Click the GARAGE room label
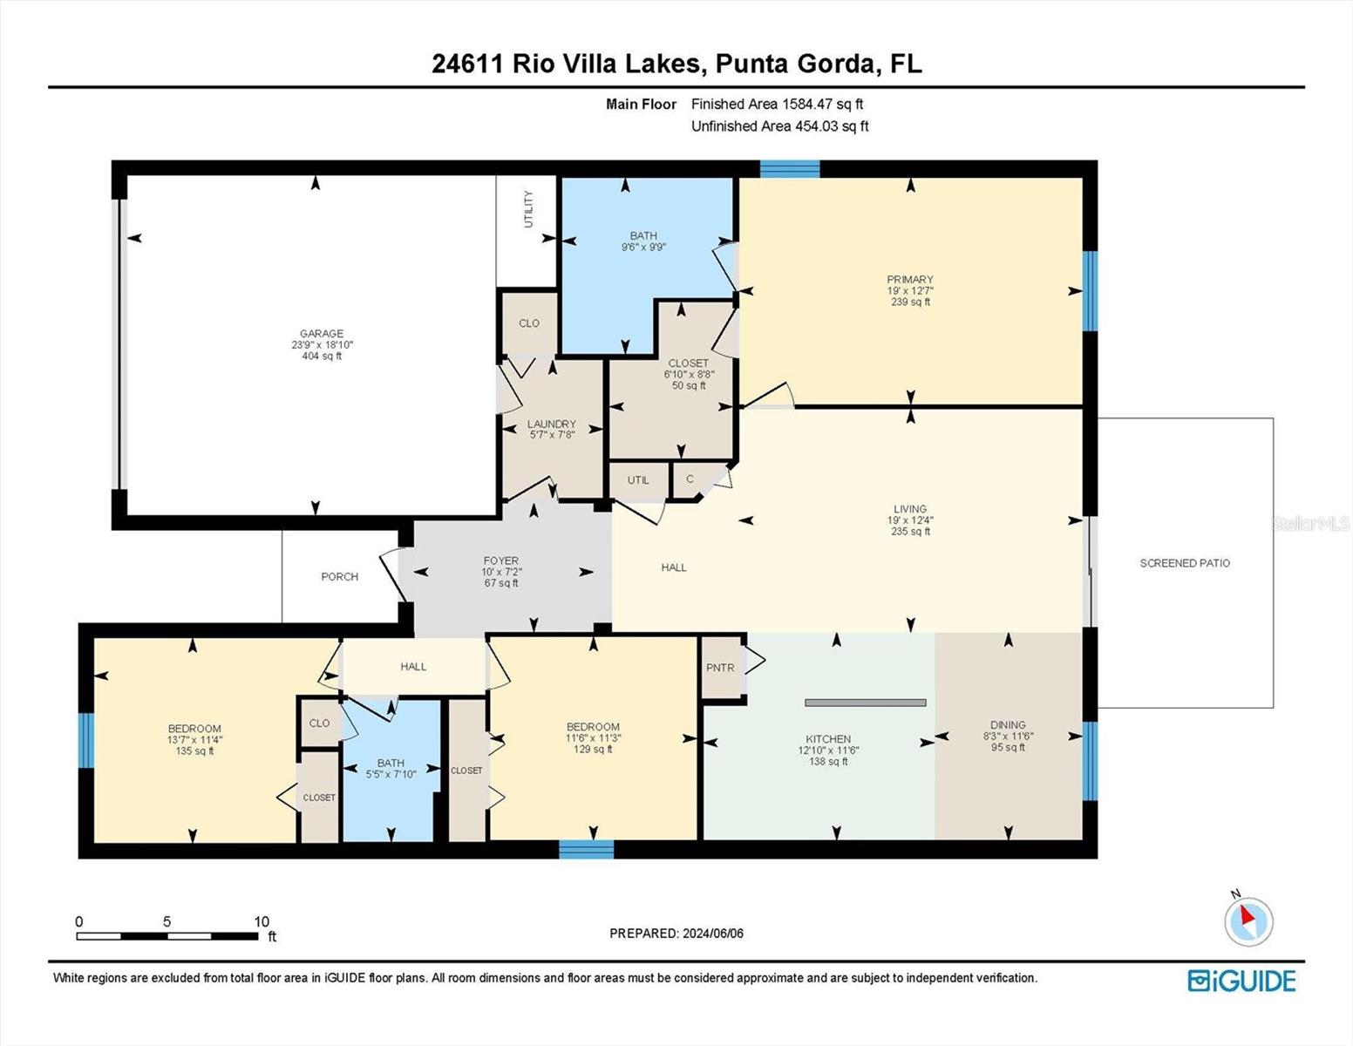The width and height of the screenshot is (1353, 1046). (322, 334)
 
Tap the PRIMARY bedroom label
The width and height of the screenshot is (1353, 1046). (910, 280)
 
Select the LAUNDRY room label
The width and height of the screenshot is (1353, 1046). (551, 425)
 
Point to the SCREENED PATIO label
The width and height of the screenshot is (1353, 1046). (1185, 563)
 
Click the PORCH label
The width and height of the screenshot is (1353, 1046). (339, 576)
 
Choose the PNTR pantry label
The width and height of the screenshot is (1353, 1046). (720, 668)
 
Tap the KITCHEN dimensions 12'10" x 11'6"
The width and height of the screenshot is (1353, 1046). (827, 751)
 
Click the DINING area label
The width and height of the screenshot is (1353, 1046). (1008, 724)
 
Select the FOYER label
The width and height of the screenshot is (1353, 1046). (501, 561)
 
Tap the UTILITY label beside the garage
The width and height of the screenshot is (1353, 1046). (527, 209)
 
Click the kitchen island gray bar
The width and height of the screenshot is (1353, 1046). (865, 703)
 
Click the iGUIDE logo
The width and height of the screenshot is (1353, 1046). (1241, 981)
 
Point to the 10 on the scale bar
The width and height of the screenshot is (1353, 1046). (262, 921)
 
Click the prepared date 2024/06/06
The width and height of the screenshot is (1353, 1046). (712, 934)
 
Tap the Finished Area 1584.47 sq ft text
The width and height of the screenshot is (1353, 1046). (777, 104)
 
